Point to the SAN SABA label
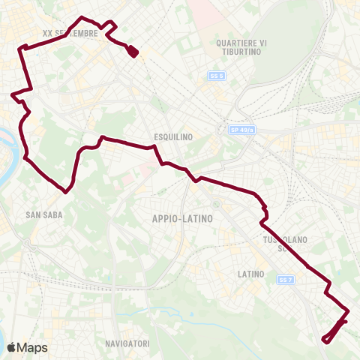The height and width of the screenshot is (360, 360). pyautogui.click(x=43, y=214)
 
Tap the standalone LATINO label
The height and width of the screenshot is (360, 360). pyautogui.click(x=250, y=274)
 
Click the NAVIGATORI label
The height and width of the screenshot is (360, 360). pyautogui.click(x=127, y=343)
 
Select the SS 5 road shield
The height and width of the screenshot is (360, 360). pyautogui.click(x=216, y=76)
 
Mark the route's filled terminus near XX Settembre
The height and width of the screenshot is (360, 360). pyautogui.click(x=133, y=51)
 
